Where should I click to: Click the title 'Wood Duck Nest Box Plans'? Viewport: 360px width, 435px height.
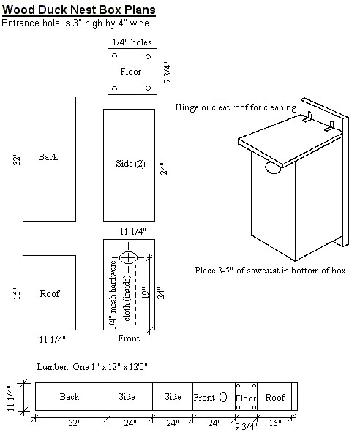(x=78, y=10)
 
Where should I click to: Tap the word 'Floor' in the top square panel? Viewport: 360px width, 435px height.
(x=131, y=72)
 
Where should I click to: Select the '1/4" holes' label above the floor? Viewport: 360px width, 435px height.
(x=132, y=42)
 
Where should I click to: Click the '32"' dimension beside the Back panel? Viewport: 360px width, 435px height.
(x=16, y=158)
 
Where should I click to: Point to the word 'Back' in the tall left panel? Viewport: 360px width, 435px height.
(x=48, y=157)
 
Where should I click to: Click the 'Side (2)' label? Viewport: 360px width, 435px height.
(x=130, y=164)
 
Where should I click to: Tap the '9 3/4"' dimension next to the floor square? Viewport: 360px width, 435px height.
(x=168, y=73)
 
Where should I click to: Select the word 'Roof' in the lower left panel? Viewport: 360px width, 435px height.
(x=50, y=294)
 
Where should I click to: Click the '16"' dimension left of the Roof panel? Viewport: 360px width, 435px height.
(x=16, y=293)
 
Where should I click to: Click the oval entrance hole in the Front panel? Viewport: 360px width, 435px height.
(x=130, y=257)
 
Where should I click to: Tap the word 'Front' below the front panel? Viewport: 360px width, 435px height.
(x=129, y=338)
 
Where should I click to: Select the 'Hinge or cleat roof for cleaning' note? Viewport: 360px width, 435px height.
(x=236, y=107)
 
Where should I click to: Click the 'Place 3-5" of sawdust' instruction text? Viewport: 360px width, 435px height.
(x=271, y=270)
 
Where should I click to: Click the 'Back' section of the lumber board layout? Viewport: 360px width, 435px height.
(x=70, y=397)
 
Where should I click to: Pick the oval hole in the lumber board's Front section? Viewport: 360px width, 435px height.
(x=223, y=397)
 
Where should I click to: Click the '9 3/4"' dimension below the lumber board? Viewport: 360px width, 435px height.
(x=245, y=424)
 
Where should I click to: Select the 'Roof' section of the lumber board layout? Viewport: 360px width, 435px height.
(x=275, y=398)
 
